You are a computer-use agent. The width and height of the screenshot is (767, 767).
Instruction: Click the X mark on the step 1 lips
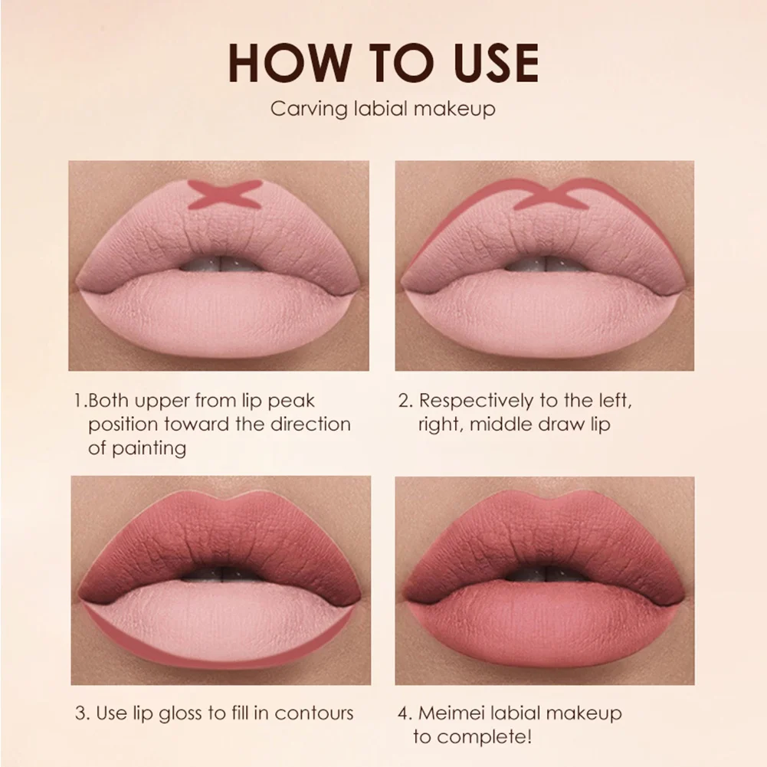225,195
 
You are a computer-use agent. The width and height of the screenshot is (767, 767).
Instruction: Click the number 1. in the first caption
80,401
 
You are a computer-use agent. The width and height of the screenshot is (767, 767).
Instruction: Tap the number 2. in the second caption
406,401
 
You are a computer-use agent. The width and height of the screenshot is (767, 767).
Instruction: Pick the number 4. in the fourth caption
406,713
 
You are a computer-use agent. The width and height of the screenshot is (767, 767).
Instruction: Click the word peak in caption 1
294,401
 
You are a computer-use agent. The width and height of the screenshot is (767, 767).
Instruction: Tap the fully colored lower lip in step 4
544,624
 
